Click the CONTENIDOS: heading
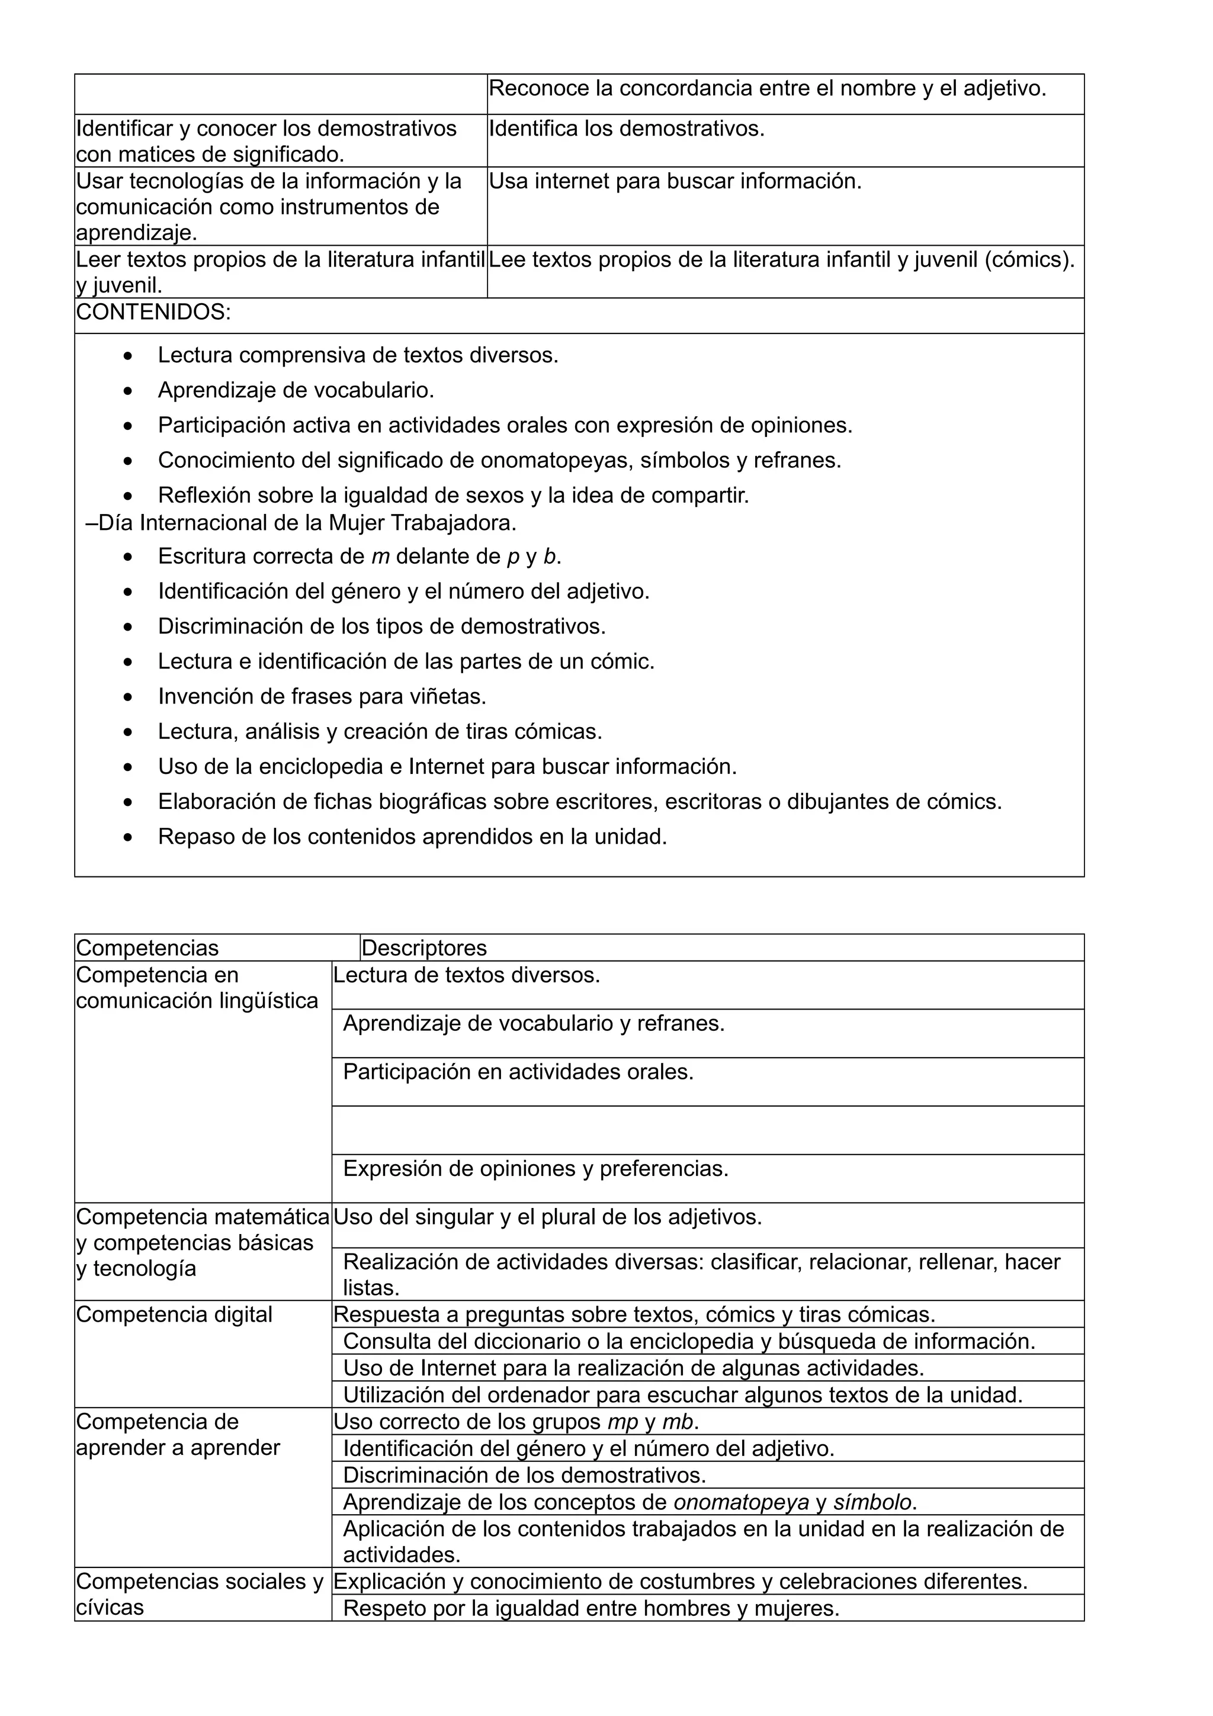(153, 313)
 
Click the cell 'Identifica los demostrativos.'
(626, 129)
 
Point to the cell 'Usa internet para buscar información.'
(675, 182)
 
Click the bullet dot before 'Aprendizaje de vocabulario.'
(129, 391)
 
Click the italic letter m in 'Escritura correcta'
(380, 557)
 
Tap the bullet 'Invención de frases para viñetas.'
(322, 696)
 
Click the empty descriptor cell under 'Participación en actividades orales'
(707, 1130)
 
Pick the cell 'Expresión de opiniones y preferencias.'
(535, 1169)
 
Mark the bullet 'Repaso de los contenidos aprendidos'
(412, 837)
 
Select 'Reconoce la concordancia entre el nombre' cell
(767, 89)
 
